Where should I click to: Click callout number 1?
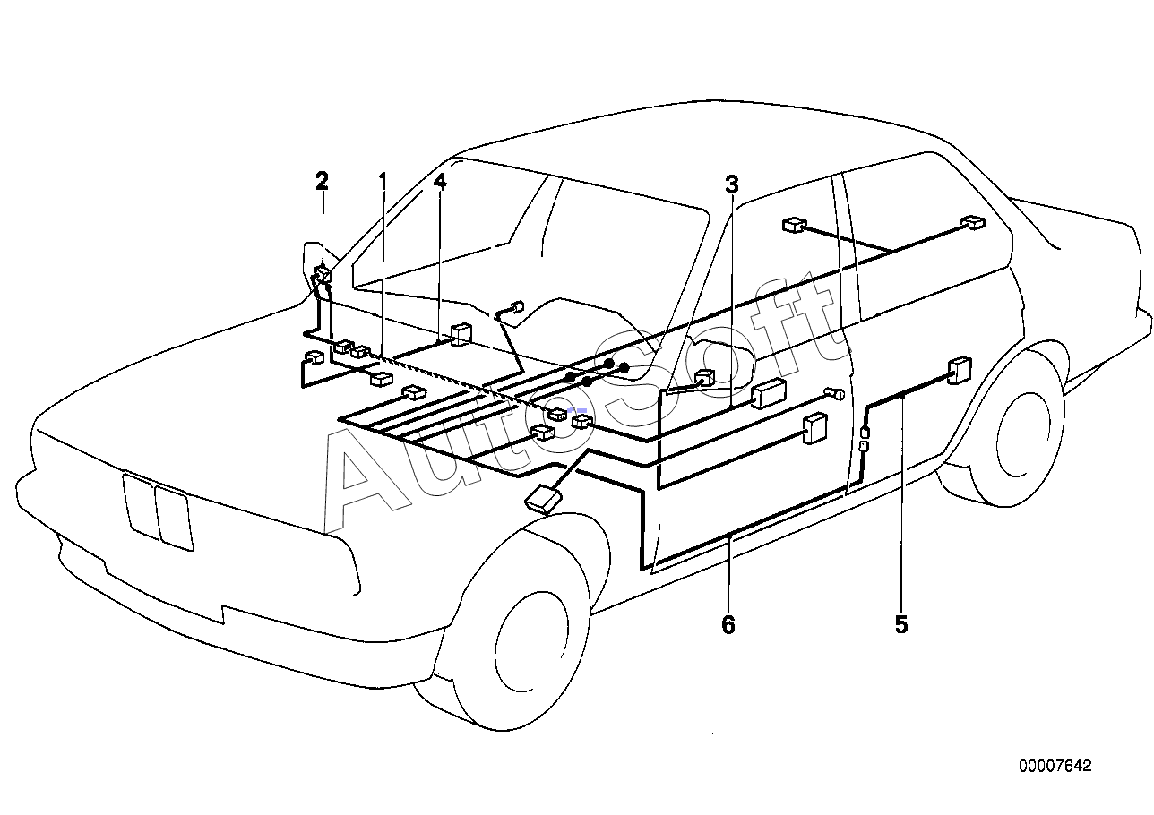pos(383,181)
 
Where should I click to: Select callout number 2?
pos(322,181)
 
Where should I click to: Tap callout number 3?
pos(732,184)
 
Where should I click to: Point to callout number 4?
pos(440,181)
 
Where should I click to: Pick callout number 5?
pos(901,624)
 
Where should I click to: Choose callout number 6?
pos(728,625)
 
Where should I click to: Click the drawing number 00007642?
pos(1055,766)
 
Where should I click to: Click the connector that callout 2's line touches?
pos(323,274)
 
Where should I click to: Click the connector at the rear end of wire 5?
pos(960,370)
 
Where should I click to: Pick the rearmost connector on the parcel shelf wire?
pos(973,223)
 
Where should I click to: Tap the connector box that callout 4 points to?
pos(461,334)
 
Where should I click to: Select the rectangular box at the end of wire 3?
pos(769,393)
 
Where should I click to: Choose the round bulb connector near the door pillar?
pos(836,394)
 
